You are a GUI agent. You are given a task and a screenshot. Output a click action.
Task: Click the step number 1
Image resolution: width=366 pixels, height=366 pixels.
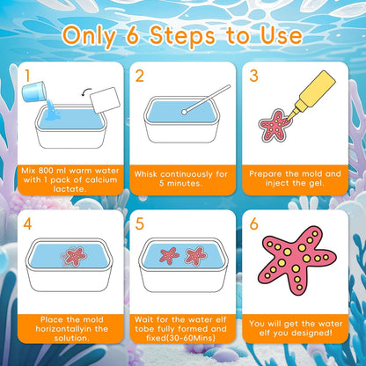coord(28,77)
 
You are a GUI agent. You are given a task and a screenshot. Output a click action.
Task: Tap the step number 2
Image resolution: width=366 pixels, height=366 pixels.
coord(141,77)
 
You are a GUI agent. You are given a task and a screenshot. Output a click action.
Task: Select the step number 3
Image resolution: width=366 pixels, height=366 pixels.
coord(253,77)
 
